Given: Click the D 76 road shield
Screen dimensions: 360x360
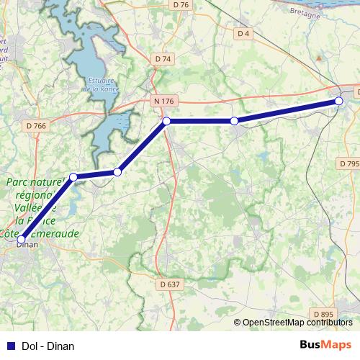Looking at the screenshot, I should (x=181, y=5).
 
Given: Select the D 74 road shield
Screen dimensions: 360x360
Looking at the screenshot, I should (x=163, y=59).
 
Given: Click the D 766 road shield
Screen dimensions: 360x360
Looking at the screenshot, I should (x=35, y=125).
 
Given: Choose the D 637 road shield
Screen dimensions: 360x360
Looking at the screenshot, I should (x=169, y=284).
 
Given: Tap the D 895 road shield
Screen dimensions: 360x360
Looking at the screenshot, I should (x=324, y=314).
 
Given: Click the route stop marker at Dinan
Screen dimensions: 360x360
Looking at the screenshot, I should (x=22, y=238).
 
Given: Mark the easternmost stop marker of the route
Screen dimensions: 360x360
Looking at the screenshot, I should (x=339, y=102).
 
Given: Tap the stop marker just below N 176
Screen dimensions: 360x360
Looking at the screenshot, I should (x=166, y=121).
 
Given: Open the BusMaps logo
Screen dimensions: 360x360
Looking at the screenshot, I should (x=325, y=345).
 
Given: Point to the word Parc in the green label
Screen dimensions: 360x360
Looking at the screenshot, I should (x=19, y=183).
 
